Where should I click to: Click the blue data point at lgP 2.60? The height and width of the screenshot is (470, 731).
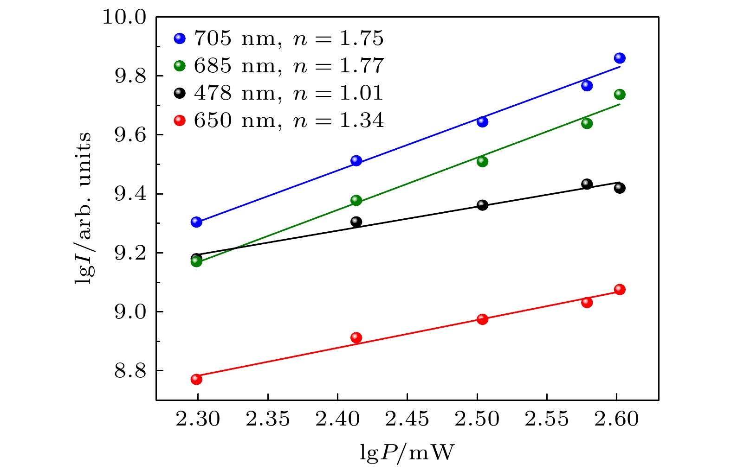pyautogui.click(x=619, y=58)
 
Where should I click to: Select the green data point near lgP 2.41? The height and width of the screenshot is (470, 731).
pyautogui.click(x=356, y=200)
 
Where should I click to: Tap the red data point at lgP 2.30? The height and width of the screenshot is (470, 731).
pyautogui.click(x=196, y=379)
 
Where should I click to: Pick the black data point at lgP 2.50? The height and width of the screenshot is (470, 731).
pyautogui.click(x=482, y=205)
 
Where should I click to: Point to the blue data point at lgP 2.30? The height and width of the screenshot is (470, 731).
pyautogui.click(x=196, y=222)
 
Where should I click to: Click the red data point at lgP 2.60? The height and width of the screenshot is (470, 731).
pyautogui.click(x=619, y=290)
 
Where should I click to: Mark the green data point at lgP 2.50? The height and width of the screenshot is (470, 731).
pyautogui.click(x=482, y=161)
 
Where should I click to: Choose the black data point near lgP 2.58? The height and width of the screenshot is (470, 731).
pyautogui.click(x=587, y=184)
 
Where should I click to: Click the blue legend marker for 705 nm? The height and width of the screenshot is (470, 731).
pyautogui.click(x=180, y=38)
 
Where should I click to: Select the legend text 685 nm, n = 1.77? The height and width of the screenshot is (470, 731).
pyautogui.click(x=289, y=66)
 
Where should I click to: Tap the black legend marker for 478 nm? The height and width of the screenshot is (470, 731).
pyautogui.click(x=180, y=93)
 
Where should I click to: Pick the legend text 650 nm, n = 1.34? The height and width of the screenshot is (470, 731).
pyautogui.click(x=289, y=121)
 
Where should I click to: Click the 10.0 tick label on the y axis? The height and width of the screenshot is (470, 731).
pyautogui.click(x=124, y=18)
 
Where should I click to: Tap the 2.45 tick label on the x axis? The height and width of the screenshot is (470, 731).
pyautogui.click(x=407, y=419)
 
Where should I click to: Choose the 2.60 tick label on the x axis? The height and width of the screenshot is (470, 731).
pyautogui.click(x=616, y=419)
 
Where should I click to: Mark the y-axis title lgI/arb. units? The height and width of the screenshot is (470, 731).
pyautogui.click(x=84, y=208)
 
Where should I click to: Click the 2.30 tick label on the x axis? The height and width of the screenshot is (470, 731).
pyautogui.click(x=198, y=419)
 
